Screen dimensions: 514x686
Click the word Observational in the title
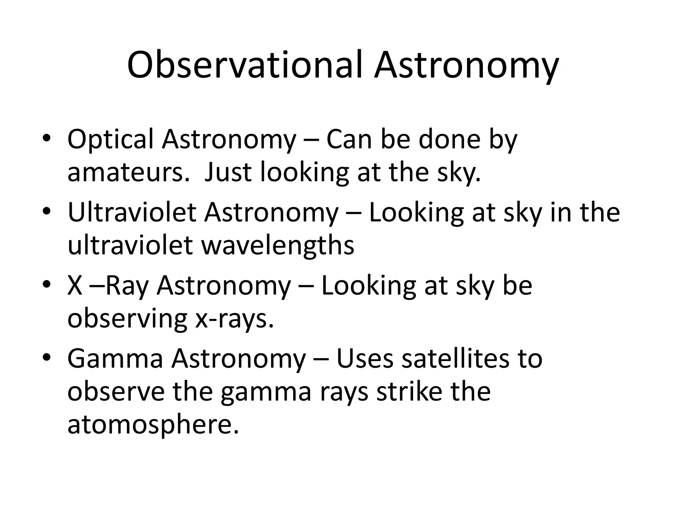click(x=245, y=65)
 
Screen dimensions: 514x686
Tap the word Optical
click(x=111, y=139)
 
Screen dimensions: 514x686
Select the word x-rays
click(x=234, y=319)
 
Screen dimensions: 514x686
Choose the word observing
click(x=127, y=319)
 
